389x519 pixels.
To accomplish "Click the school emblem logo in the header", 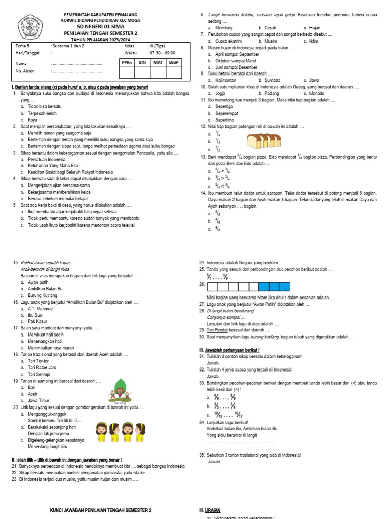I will pyautogui.click(x=31, y=25).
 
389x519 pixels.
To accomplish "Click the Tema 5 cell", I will pyautogui.click(x=22, y=46).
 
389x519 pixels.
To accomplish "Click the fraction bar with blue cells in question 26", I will pyautogui.click(x=252, y=286).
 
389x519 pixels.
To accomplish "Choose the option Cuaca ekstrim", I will pyautogui.click(x=228, y=41).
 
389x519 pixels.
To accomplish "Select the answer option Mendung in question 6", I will pyautogui.click(x=224, y=28).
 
